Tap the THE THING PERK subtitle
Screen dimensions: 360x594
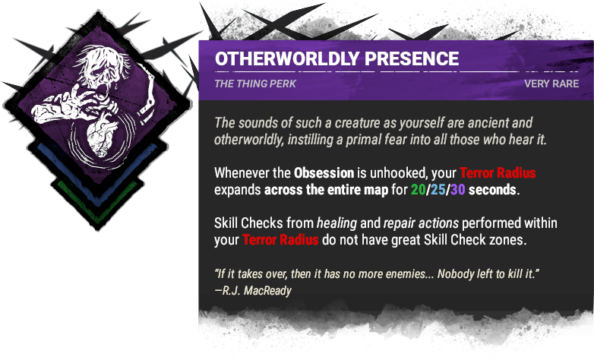pos(255,84)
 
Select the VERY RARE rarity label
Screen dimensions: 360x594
pos(551,84)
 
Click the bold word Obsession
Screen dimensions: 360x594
pos(324,173)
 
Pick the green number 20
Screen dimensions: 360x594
pos(418,190)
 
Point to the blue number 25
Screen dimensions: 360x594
pos(438,190)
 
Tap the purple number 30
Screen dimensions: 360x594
pos(457,190)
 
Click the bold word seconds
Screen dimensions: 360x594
pos(493,190)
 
